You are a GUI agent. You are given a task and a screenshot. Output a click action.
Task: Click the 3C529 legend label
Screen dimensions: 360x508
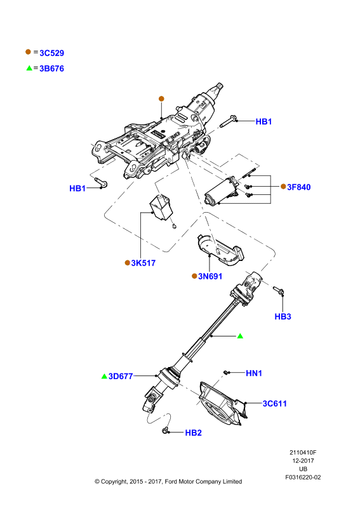tap(52, 53)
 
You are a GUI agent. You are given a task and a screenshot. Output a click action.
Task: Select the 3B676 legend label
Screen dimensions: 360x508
tap(52, 69)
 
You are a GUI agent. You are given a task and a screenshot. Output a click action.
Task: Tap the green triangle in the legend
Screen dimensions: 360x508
tap(29, 68)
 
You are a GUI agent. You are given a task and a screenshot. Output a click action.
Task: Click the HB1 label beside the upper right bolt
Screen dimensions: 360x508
tap(263, 121)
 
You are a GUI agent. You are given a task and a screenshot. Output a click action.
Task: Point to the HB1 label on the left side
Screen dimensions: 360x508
tap(77, 188)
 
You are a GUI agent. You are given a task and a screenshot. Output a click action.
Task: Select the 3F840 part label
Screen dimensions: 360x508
tap(299, 187)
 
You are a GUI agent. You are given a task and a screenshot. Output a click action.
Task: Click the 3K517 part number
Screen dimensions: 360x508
tap(143, 263)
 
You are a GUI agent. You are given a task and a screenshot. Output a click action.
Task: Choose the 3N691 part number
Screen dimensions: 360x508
tap(210, 276)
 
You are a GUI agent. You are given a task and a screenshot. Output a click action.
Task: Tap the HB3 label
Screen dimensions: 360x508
tap(283, 316)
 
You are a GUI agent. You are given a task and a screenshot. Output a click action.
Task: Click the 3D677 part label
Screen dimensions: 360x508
tap(121, 376)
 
